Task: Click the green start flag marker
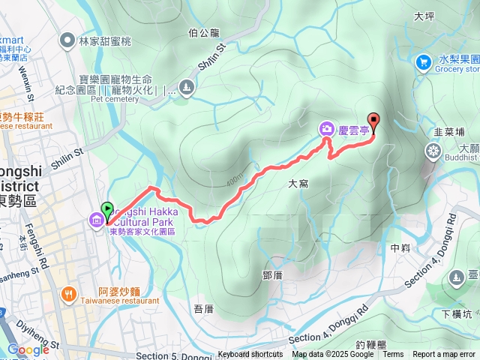click(x=106, y=211)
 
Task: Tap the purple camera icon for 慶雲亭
click(x=327, y=128)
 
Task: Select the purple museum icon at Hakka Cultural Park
click(x=97, y=221)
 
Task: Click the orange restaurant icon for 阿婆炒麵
click(x=69, y=294)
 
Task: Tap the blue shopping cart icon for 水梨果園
click(x=424, y=61)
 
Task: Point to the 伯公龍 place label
click(x=204, y=32)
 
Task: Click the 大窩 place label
click(x=298, y=182)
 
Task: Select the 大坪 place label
click(x=424, y=16)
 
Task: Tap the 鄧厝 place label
click(x=272, y=275)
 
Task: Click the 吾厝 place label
click(x=203, y=307)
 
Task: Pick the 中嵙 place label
click(x=400, y=247)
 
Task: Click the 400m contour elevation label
click(x=235, y=181)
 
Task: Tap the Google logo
click(x=28, y=349)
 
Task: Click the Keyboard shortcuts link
click(x=250, y=355)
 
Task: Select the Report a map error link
click(x=444, y=355)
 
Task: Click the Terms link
click(x=392, y=355)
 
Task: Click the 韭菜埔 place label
click(x=448, y=131)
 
